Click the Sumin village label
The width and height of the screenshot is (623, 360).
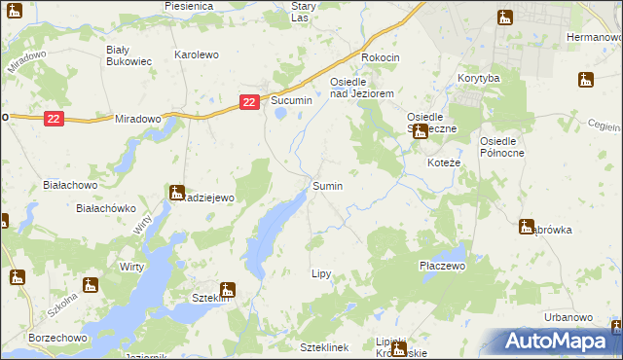(327, 185)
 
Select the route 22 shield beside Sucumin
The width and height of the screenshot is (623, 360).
(249, 101)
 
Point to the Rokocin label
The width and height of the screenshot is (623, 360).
(381, 57)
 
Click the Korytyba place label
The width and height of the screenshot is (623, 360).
(478, 77)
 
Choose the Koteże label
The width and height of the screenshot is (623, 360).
(444, 163)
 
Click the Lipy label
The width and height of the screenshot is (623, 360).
(322, 275)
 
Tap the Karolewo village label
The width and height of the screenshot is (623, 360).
(196, 55)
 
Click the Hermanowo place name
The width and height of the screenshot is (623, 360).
(594, 36)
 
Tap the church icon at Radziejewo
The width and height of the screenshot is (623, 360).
(176, 193)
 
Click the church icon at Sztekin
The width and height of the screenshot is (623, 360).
(227, 289)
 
